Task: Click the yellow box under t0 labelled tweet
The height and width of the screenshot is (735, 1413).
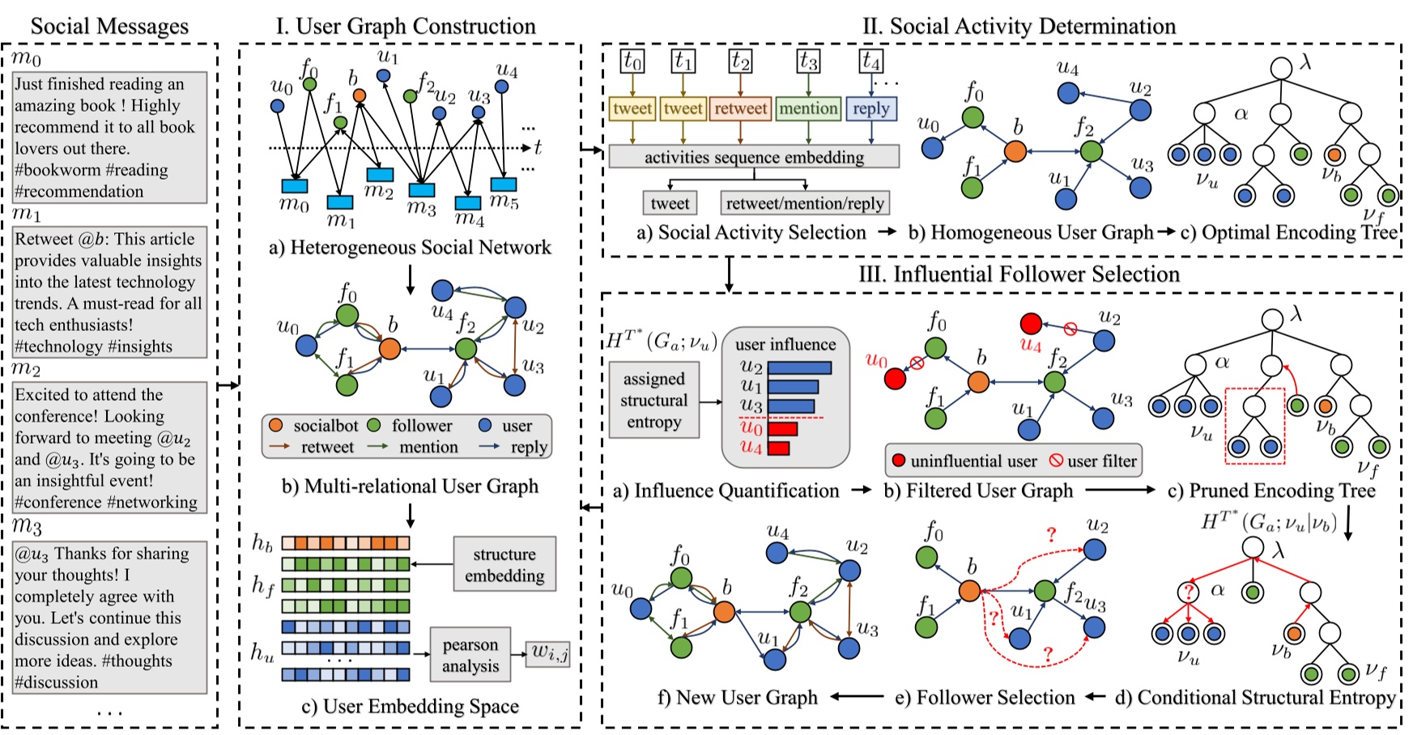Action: point(632,108)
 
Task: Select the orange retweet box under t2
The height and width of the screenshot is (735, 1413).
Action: point(740,108)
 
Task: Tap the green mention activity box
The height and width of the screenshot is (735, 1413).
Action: point(808,108)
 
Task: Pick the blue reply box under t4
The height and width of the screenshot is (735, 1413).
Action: point(870,108)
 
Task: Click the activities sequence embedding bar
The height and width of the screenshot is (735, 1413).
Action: point(754,157)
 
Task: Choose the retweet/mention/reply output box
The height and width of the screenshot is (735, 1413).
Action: point(805,203)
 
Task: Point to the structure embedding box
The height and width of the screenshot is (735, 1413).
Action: point(504,564)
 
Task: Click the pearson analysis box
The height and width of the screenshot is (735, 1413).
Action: point(470,655)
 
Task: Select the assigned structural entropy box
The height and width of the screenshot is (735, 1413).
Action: point(653,400)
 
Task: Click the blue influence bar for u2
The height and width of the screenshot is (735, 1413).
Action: point(799,368)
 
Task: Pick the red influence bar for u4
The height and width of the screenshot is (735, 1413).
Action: point(778,448)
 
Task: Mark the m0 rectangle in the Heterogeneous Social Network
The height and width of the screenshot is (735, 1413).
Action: point(294,186)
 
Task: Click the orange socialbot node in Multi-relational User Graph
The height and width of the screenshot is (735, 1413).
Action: point(389,348)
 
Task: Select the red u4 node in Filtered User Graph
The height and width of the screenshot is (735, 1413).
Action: point(1030,324)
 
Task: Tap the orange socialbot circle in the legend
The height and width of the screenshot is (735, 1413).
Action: point(275,426)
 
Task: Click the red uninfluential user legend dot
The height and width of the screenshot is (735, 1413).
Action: point(898,461)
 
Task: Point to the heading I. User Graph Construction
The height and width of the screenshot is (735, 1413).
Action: point(406,26)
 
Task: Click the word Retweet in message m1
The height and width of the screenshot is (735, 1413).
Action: point(44,239)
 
